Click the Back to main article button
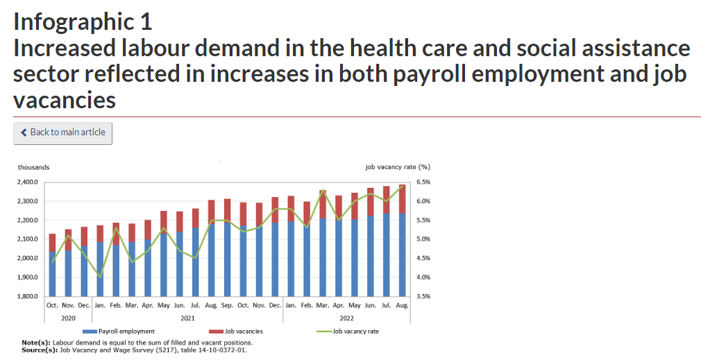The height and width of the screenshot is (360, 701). tap(62, 133)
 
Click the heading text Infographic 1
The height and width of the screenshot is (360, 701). tap(83, 22)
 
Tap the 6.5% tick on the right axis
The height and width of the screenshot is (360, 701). tap(424, 182)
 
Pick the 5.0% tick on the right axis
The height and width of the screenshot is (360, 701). tap(424, 239)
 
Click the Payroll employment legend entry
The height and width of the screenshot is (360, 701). tap(126, 332)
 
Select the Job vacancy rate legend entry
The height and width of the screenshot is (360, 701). tap(355, 332)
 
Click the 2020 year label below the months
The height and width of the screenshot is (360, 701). tap(68, 318)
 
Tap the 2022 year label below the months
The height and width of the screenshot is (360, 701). tap(346, 318)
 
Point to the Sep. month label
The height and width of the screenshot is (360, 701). tap(227, 305)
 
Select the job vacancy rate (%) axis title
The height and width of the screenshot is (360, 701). tap(397, 167)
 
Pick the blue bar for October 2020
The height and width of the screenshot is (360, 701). tap(52, 274)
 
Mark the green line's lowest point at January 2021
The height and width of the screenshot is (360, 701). tap(100, 277)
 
